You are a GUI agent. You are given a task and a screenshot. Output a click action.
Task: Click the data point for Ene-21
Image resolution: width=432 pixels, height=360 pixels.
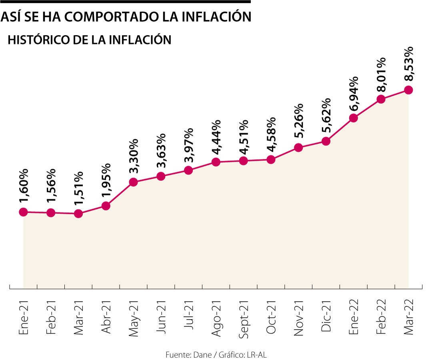(23, 212)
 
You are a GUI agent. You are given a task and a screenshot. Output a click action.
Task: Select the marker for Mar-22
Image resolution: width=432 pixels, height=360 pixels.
(408, 90)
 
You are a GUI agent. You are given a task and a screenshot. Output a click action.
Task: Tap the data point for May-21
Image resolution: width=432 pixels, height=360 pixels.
(133, 182)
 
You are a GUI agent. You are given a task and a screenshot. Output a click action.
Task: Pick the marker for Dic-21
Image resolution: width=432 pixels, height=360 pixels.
(326, 141)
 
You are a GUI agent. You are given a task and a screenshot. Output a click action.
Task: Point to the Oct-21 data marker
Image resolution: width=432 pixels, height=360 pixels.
(271, 160)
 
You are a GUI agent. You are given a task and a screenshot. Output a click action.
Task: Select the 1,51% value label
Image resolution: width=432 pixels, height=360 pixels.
(78, 188)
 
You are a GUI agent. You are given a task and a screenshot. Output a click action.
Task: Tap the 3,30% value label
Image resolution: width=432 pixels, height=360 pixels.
(134, 156)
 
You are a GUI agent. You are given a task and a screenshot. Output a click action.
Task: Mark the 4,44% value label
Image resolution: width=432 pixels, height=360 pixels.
(216, 136)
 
